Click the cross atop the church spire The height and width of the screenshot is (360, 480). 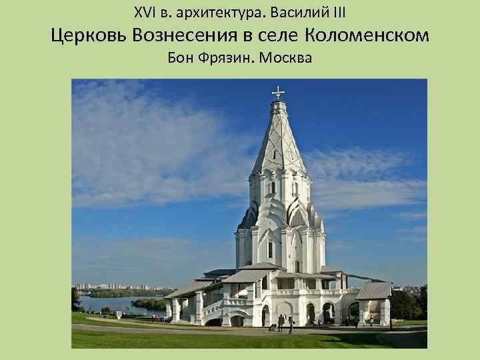pos(278,92)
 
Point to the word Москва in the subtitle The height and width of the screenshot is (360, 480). pos(286,59)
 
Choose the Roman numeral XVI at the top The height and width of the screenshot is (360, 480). pos(144,12)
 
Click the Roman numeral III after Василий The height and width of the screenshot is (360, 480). pos(337,12)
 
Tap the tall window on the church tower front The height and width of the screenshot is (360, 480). pos(270,249)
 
